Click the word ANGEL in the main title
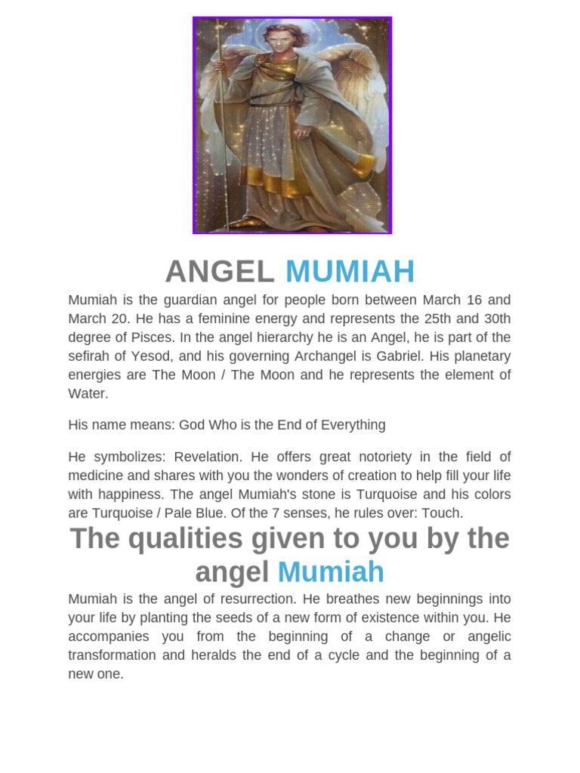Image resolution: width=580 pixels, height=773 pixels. pos(220,272)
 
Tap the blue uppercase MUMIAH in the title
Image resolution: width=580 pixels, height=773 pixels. pos(350,272)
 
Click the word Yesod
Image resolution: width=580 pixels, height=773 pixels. pos(180,356)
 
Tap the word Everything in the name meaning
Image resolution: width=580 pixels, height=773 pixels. pos(353,425)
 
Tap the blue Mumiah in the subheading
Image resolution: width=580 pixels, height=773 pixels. pos(331,572)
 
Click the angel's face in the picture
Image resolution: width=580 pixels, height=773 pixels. pos(279,43)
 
